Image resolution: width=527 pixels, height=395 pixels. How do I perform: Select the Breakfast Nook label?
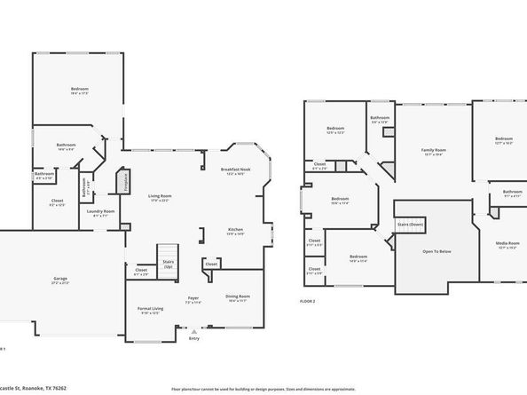[236, 170]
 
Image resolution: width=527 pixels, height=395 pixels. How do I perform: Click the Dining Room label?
[237, 296]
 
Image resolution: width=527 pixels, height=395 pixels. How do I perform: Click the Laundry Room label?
[100, 211]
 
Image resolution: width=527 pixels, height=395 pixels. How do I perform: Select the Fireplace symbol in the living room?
[123, 182]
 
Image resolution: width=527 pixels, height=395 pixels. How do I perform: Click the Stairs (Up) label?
[169, 263]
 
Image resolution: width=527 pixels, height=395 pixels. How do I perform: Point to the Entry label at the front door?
[194, 337]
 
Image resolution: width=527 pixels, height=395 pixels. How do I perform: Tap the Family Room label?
[433, 151]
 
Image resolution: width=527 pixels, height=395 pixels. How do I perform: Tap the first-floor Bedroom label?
[80, 89]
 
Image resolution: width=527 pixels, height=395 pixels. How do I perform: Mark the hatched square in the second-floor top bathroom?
[387, 131]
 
